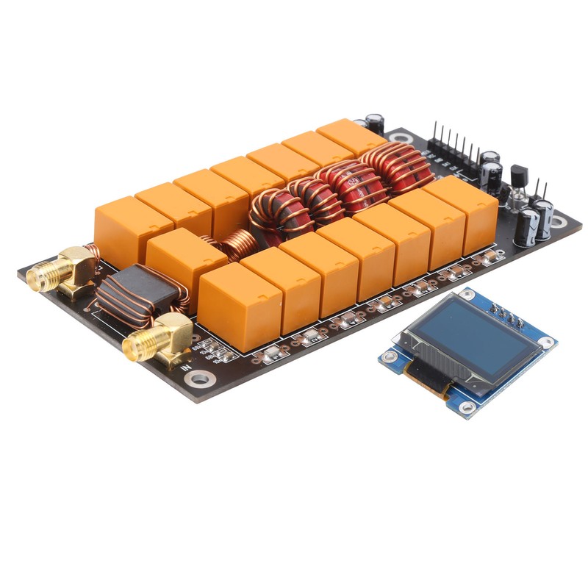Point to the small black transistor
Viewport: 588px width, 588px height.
tap(519, 177)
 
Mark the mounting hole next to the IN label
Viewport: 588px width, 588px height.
tap(199, 379)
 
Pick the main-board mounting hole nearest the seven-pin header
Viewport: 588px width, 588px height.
tap(400, 136)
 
